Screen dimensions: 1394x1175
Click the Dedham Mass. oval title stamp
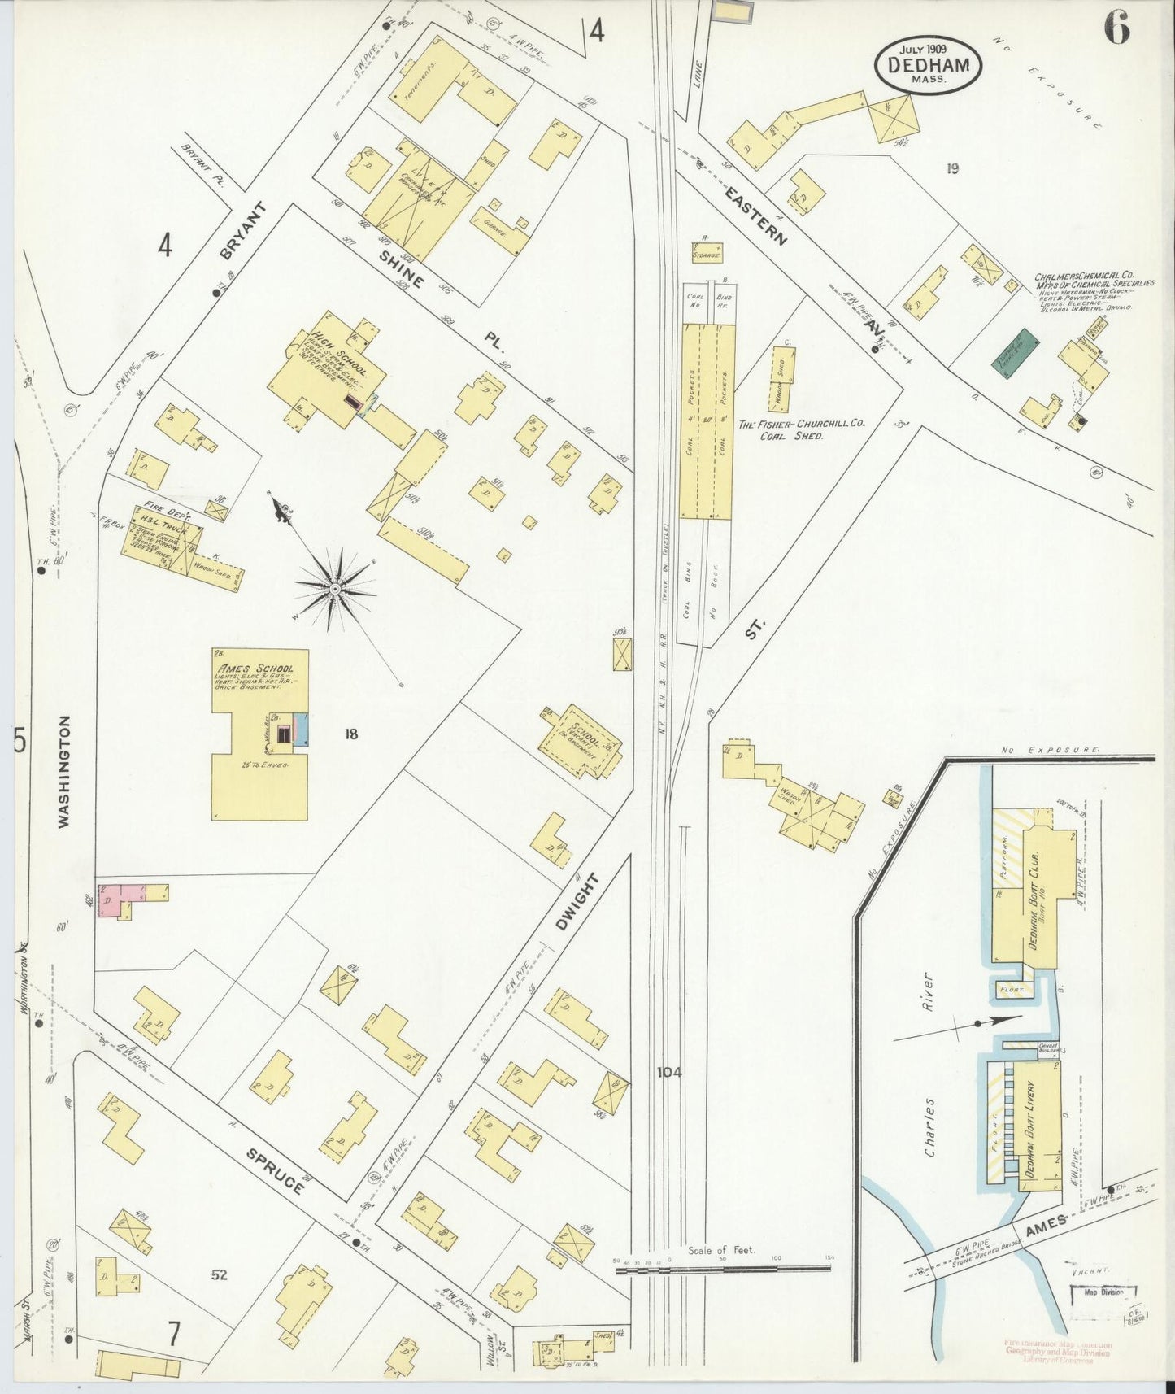point(928,64)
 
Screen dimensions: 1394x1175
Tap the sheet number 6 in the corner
point(1116,30)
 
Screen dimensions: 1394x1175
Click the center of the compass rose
point(334,588)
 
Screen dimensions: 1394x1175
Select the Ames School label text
point(250,669)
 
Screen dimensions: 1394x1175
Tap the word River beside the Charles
point(926,991)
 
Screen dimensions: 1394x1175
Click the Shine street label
point(400,269)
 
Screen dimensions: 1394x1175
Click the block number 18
point(350,734)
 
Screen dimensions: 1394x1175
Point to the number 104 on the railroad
point(669,1072)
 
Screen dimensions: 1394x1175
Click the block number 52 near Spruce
point(219,1274)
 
